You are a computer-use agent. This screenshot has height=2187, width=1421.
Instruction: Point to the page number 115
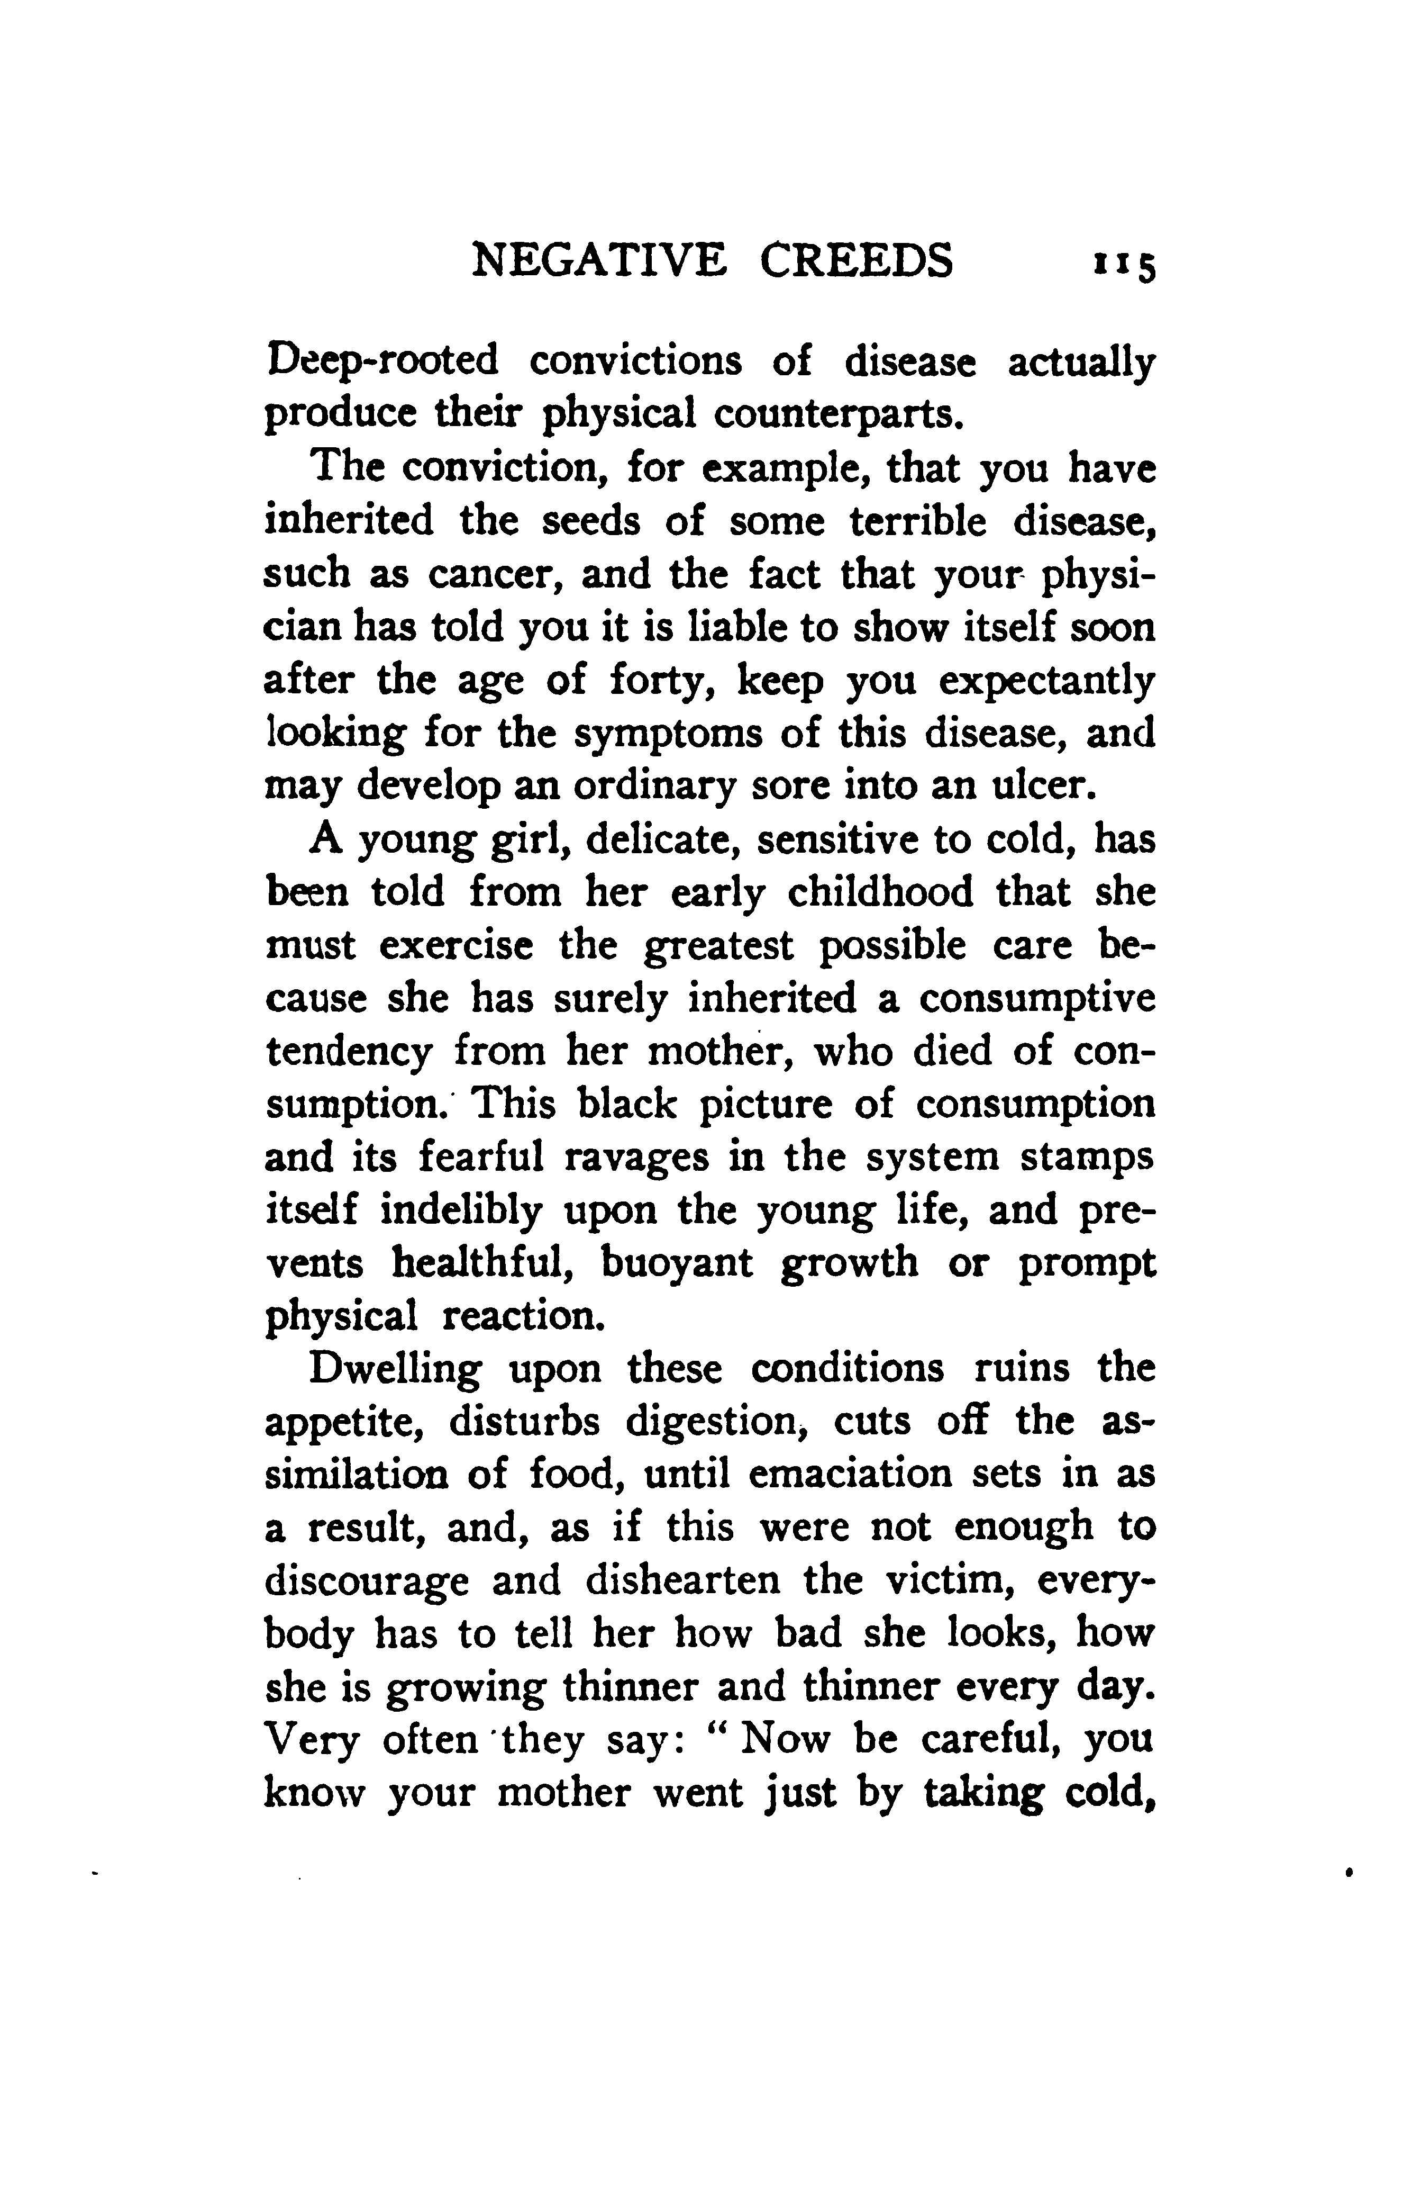tap(1123, 266)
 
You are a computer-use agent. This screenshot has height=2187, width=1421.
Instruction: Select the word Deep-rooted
tap(382, 360)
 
